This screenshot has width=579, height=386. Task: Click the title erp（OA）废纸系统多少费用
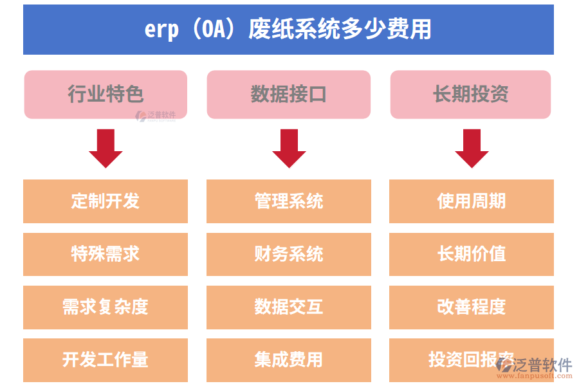[288, 30]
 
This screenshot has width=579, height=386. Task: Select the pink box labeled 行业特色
[106, 94]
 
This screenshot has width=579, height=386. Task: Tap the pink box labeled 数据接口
[288, 94]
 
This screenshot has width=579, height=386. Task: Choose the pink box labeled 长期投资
[470, 94]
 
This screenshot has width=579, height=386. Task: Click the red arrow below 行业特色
[106, 148]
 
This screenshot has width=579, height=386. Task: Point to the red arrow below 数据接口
[289, 148]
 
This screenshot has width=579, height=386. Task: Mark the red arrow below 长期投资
[472, 148]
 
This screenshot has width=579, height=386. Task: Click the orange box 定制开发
[106, 201]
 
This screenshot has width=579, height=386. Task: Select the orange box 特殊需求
[106, 254]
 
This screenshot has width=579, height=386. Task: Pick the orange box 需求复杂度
[106, 307]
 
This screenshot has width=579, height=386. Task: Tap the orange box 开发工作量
[106, 360]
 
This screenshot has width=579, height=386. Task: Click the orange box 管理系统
[288, 201]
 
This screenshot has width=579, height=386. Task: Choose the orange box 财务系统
[288, 254]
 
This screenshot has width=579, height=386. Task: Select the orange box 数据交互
[288, 307]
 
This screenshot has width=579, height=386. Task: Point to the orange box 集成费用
[288, 360]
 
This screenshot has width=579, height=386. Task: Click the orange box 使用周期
[472, 201]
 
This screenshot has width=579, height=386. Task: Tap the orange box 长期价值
[472, 254]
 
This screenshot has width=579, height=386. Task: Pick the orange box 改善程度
[472, 307]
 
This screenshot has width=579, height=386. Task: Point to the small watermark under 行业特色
[155, 116]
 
